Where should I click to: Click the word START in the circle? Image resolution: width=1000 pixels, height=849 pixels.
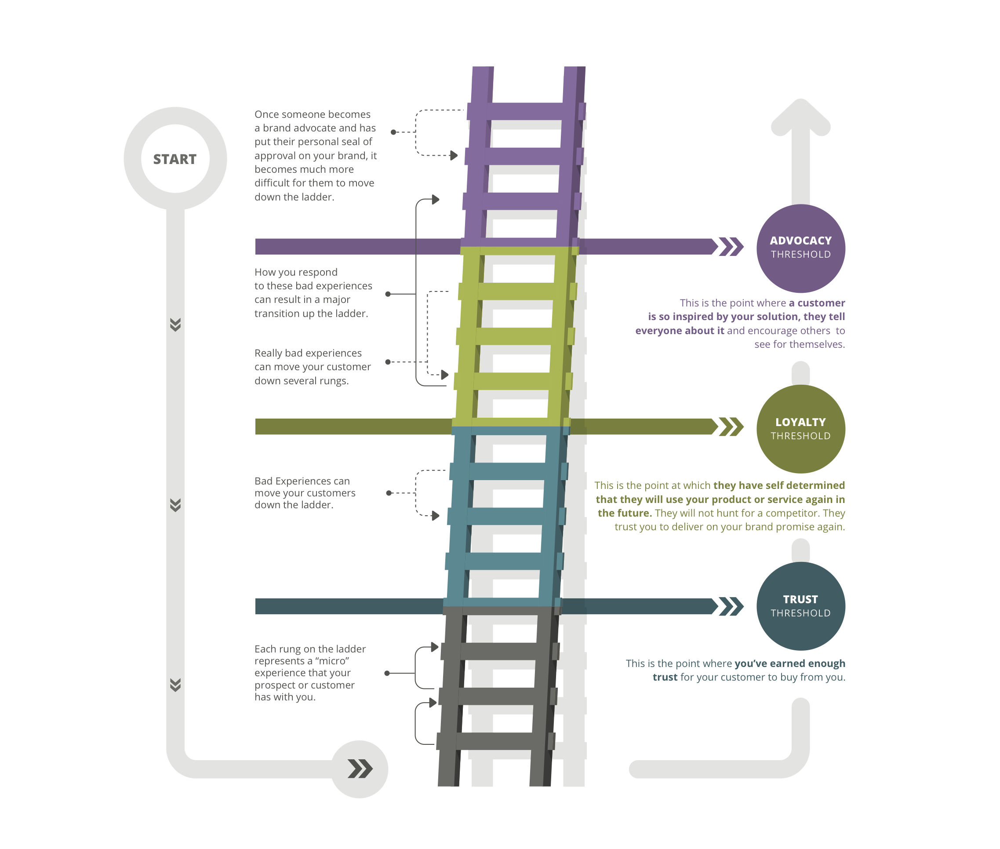click(x=175, y=159)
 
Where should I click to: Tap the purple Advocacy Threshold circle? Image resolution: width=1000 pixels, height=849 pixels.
click(x=801, y=248)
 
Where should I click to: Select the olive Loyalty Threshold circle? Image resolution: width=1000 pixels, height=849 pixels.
click(x=801, y=429)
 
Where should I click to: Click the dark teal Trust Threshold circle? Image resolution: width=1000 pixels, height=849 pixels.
click(x=801, y=606)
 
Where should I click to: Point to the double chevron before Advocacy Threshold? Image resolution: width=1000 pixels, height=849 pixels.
click(x=731, y=246)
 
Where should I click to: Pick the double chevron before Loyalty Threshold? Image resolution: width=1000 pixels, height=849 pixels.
click(x=731, y=426)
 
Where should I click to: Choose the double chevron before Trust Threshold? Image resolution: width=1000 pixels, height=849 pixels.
click(x=731, y=606)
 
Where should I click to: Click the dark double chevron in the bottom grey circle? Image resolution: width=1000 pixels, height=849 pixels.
click(x=360, y=769)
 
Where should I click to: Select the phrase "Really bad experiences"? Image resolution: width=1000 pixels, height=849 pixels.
click(x=308, y=353)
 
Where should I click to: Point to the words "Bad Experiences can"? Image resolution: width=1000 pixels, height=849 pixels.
click(x=302, y=481)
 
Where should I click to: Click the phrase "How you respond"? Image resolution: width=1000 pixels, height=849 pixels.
click(x=296, y=273)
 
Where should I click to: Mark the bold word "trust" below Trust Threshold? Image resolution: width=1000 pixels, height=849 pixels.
click(x=665, y=677)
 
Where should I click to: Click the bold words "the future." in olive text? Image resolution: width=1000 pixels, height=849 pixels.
click(x=625, y=513)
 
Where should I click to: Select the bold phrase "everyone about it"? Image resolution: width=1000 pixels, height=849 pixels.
click(x=680, y=331)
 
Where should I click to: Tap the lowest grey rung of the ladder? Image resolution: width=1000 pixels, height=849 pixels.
click(x=496, y=741)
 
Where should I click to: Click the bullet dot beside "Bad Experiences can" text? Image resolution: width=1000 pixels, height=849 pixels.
click(x=389, y=493)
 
